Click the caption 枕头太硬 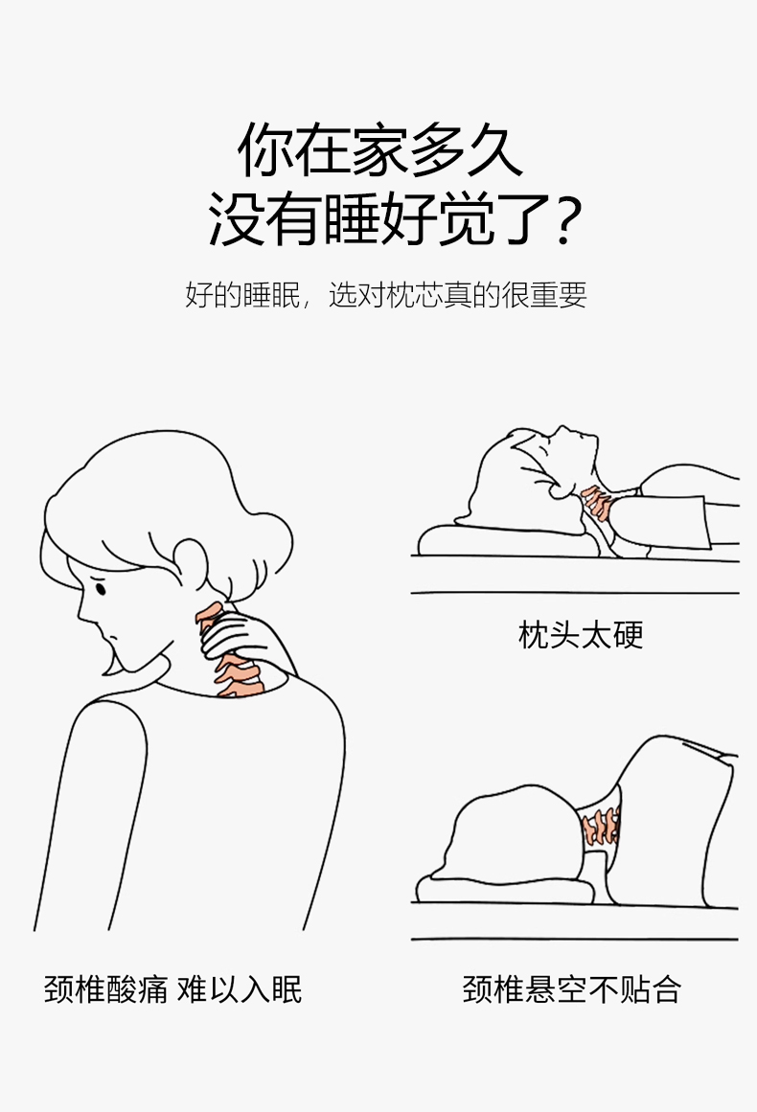click(x=581, y=635)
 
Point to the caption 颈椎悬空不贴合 click(x=572, y=989)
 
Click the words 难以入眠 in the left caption click(x=240, y=989)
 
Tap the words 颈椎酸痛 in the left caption click(x=106, y=989)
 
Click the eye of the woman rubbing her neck click(x=101, y=588)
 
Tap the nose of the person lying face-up click(x=562, y=430)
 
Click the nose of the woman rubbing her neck click(x=80, y=610)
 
